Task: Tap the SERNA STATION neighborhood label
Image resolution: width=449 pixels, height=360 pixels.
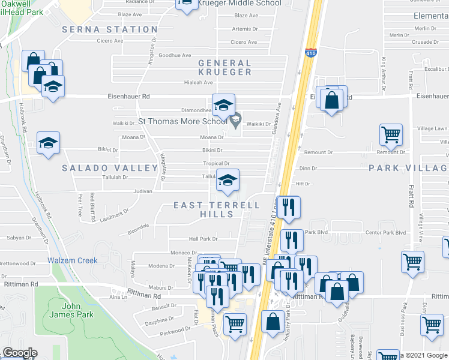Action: pyautogui.click(x=110, y=29)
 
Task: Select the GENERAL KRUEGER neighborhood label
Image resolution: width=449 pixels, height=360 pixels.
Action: pyautogui.click(x=224, y=67)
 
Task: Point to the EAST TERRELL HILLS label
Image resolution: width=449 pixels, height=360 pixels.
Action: pyautogui.click(x=217, y=211)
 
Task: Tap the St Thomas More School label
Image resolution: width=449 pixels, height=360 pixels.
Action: pyautogui.click(x=182, y=121)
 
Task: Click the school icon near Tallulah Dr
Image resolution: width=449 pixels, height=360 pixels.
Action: pyautogui.click(x=227, y=181)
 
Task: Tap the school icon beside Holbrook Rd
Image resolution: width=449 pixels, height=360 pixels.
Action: pyautogui.click(x=48, y=143)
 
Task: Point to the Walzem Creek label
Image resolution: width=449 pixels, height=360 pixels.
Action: pyautogui.click(x=72, y=260)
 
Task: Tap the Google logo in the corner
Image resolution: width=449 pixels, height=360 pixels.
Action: pyautogui.click(x=19, y=353)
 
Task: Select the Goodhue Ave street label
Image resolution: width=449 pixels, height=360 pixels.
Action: pyautogui.click(x=174, y=55)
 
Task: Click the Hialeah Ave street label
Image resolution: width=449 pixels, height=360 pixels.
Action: pyautogui.click(x=199, y=83)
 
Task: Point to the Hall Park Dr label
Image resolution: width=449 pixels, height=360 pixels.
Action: pyautogui.click(x=203, y=239)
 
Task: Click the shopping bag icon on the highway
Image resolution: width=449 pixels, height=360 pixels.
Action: pyautogui.click(x=273, y=320)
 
